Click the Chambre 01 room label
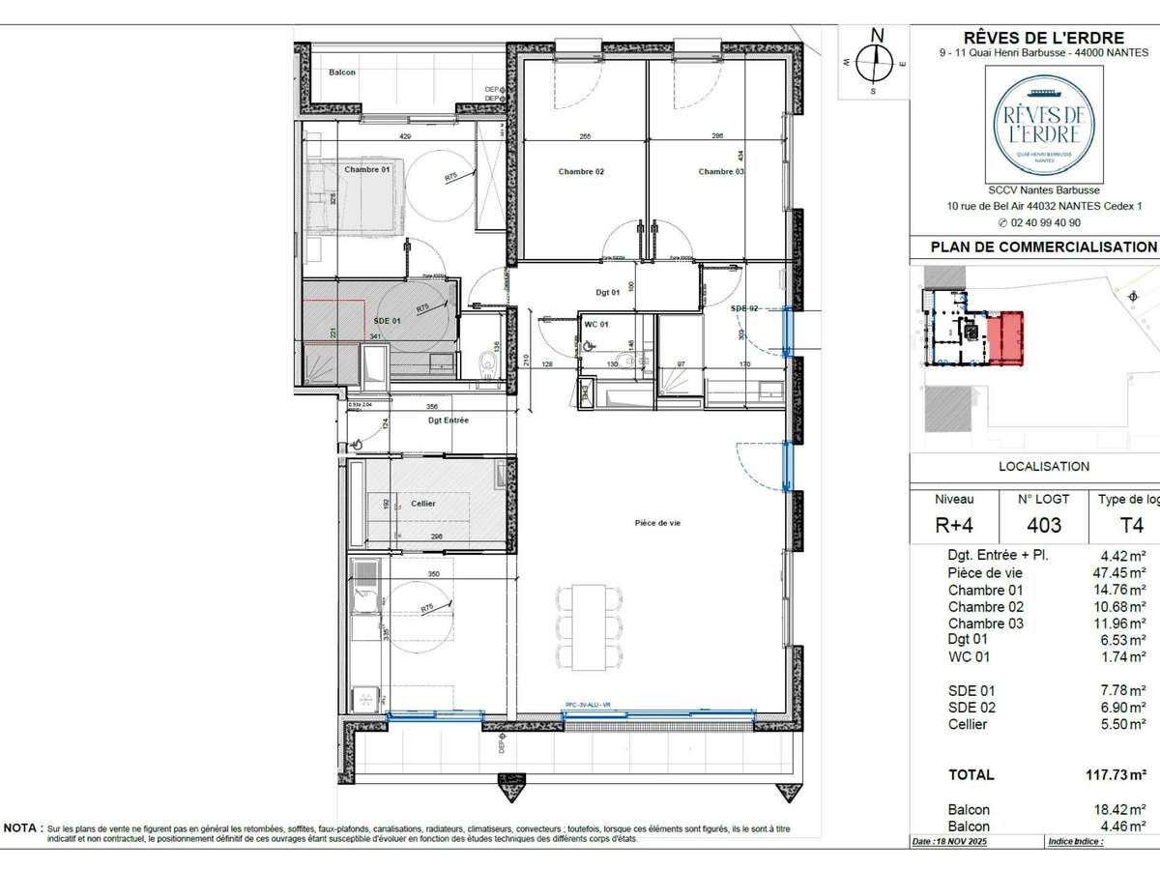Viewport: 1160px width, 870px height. coord(366,170)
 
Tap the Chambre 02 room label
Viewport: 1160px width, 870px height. coord(581,172)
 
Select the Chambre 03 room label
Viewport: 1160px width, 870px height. coord(721,172)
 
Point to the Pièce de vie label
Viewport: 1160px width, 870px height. coord(657,523)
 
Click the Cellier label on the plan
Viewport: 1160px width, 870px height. coord(422,504)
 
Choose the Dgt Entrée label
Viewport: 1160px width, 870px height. coord(448,420)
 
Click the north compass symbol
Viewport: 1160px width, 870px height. coord(877,61)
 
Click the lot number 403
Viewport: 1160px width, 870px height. coord(1043,525)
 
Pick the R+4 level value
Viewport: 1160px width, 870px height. coord(954,525)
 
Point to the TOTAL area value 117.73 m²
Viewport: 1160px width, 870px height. coord(1116,774)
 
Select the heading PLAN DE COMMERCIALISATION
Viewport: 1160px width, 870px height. coord(1043,246)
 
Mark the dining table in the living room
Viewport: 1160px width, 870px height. coord(587,627)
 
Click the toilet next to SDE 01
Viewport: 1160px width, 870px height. coord(489,363)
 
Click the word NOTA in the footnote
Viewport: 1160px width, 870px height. coord(22,828)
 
